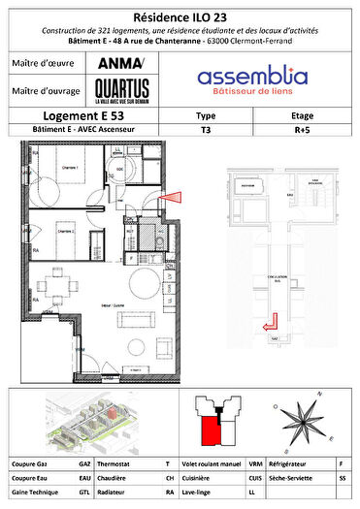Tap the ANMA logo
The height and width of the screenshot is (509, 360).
pyautogui.click(x=119, y=64)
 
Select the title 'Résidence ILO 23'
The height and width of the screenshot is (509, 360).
pyautogui.click(x=180, y=16)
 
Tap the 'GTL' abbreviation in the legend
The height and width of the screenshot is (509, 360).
pyautogui.click(x=85, y=493)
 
